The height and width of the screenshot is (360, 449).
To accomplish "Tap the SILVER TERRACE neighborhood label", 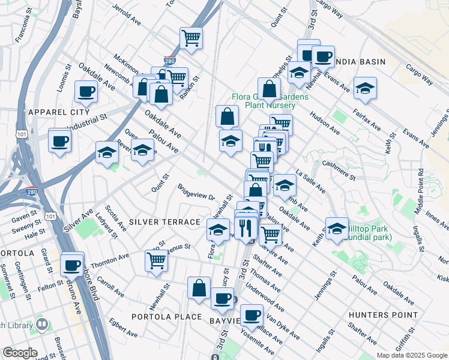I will click(163, 222).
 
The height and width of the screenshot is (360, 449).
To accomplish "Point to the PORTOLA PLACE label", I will click(163, 317).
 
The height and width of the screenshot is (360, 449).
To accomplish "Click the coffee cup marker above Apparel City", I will click(85, 92).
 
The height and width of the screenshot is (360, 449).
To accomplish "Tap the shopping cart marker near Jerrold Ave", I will click(191, 38).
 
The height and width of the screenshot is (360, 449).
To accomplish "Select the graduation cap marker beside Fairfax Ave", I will click(365, 89).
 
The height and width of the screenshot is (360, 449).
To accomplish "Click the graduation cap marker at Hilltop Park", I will click(337, 228).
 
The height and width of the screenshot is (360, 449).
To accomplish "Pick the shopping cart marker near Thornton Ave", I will click(156, 260).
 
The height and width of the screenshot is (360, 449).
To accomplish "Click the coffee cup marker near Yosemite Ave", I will click(252, 314).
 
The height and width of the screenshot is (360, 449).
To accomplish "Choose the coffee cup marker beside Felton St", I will click(72, 264).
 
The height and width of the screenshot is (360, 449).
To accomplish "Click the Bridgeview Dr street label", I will click(196, 193).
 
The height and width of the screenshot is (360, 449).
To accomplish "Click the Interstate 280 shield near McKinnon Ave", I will click(170, 61).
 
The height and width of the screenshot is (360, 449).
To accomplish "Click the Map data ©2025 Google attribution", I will click(411, 355).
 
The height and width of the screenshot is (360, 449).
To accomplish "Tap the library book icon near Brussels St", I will click(41, 325).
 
